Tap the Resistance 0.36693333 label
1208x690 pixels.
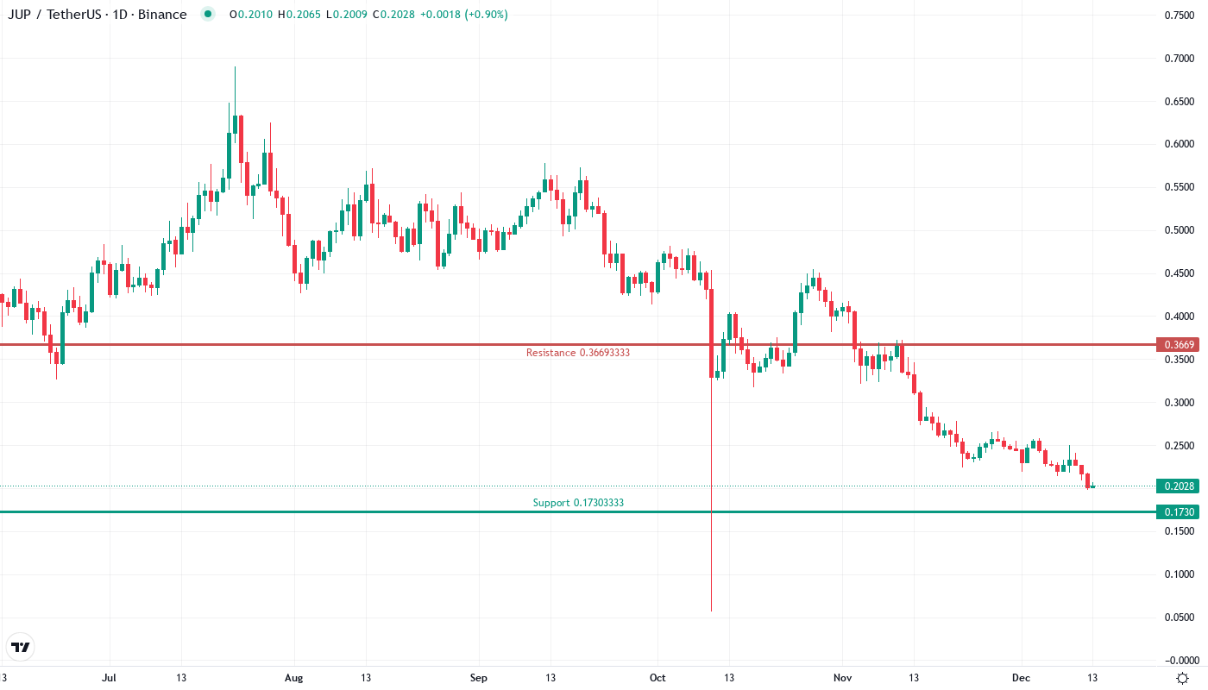[x=572, y=353]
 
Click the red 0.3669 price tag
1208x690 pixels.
[x=1179, y=345]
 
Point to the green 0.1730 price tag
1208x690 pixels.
[x=1179, y=512]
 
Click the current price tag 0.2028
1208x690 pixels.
[x=1179, y=486]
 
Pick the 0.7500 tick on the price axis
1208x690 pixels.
[x=1179, y=15]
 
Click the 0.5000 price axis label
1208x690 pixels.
[x=1179, y=230]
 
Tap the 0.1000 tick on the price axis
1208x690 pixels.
[x=1179, y=574]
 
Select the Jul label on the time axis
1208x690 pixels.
[x=109, y=678]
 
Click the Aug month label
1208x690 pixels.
[x=294, y=678]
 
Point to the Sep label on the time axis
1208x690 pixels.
[x=479, y=678]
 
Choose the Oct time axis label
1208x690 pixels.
[x=657, y=678]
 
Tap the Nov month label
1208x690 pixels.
[x=842, y=678]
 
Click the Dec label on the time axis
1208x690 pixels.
[x=1021, y=678]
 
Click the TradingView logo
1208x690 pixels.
[x=21, y=647]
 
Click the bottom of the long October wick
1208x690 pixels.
[x=711, y=611]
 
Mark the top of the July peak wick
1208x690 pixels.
[x=235, y=67]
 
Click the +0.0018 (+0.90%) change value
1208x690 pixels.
[x=463, y=15]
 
